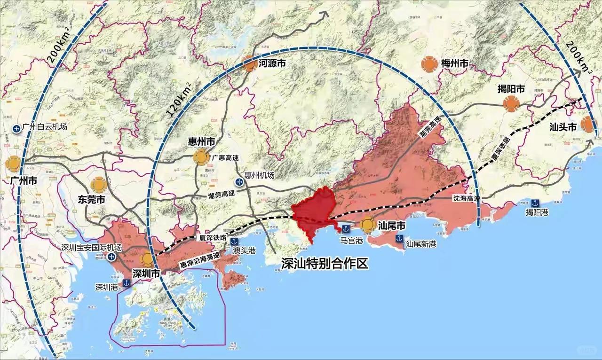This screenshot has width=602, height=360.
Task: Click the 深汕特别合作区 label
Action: pos(324,265)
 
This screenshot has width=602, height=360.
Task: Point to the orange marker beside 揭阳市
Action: pos(510,104)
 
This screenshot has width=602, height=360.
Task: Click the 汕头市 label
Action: pos(563,127)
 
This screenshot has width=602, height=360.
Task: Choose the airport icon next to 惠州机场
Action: pos(239,182)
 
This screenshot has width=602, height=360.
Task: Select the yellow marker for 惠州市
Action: pos(201,157)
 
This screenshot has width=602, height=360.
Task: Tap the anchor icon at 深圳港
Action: pos(127,283)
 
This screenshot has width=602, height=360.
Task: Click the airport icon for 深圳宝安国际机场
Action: pos(111,256)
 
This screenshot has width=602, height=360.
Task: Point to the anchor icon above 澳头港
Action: pos(234,241)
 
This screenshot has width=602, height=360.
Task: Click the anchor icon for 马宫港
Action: pos(345,229)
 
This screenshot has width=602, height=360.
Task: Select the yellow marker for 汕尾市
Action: pos(367,225)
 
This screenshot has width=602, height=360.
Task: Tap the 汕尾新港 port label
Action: pos(421,244)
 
